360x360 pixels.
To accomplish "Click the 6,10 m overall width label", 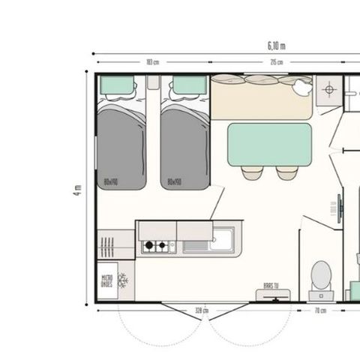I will click(x=276, y=46).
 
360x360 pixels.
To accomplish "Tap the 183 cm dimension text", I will click(x=152, y=62).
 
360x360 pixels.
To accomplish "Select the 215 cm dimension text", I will click(x=276, y=62).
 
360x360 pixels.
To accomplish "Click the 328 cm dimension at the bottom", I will click(x=200, y=309).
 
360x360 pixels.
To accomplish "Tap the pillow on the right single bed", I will click(x=184, y=85).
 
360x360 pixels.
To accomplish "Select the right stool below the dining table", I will click(x=286, y=172).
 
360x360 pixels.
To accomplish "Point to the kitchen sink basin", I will click(x=220, y=240).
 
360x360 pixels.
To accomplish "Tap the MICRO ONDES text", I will click(x=107, y=281).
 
